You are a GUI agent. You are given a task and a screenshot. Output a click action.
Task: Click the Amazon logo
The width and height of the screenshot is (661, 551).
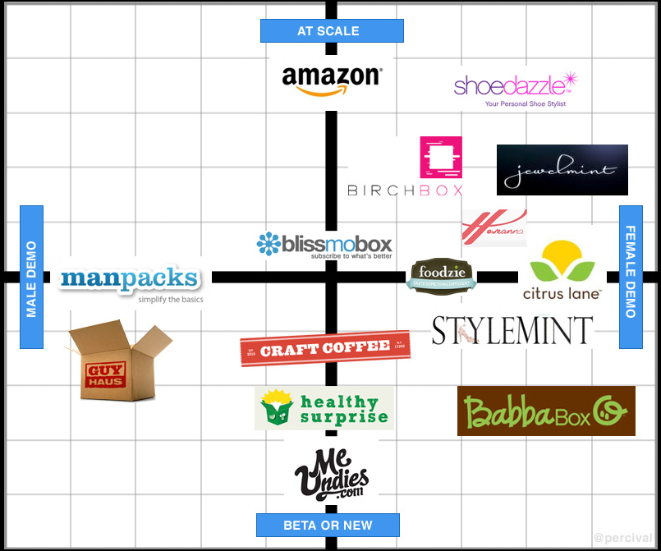331,80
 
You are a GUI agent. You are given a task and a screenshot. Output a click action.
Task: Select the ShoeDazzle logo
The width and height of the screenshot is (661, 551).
516,87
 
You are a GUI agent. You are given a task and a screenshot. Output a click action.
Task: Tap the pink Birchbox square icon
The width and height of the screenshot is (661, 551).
441,157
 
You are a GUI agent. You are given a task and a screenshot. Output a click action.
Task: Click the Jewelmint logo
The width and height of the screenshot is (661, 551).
562,170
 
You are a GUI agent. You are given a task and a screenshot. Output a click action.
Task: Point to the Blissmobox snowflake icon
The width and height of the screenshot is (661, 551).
269,244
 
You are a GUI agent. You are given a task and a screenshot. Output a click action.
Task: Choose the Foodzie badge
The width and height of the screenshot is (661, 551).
442,276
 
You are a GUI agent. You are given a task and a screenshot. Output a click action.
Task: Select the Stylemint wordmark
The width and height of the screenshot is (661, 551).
512,330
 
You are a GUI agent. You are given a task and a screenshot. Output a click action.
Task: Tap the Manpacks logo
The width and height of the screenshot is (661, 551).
130,282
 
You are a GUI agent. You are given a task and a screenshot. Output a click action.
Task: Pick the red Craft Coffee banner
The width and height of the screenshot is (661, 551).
324,348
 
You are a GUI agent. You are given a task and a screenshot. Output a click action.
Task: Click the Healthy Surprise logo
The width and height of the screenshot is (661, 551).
324,408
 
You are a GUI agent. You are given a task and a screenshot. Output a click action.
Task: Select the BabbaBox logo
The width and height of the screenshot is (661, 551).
545,411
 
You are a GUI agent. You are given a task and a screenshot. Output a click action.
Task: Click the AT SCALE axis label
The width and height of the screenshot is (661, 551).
332,31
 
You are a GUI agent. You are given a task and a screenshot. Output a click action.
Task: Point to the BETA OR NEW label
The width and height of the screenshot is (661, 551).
328,525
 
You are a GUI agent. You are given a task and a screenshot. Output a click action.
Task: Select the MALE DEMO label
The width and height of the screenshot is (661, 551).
31,277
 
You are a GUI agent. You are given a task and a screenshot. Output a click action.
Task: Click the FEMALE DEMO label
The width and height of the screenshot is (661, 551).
631,271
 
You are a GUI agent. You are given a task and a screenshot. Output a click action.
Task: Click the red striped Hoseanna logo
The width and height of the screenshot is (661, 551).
493,227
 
